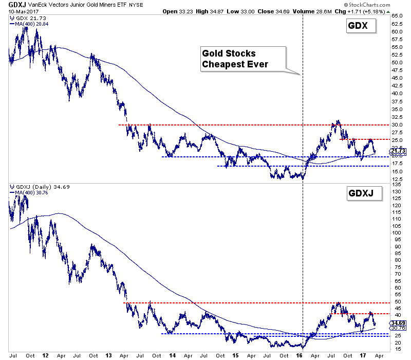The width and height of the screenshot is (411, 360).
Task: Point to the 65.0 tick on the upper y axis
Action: [x=396, y=16]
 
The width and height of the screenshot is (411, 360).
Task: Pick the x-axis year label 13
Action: [x=109, y=355]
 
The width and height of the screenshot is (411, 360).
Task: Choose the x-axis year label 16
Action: [x=300, y=355]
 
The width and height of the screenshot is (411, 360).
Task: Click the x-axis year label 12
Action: [x=46, y=355]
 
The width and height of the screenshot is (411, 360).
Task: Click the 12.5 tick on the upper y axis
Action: [x=396, y=179]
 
